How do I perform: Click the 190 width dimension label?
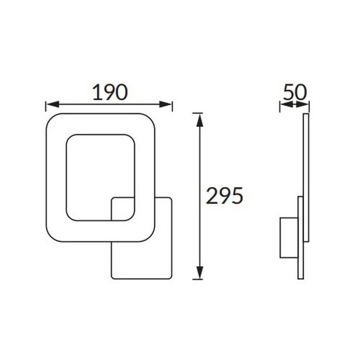point(110,92)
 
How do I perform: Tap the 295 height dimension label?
point(224,196)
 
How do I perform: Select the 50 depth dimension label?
point(295,92)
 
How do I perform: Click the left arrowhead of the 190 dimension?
point(53,104)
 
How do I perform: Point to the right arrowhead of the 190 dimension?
point(166,104)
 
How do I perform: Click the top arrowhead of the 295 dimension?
point(200,120)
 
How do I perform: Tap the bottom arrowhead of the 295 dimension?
point(200,273)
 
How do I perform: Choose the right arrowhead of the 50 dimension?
point(302,104)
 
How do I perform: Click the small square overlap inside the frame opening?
point(123,209)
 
